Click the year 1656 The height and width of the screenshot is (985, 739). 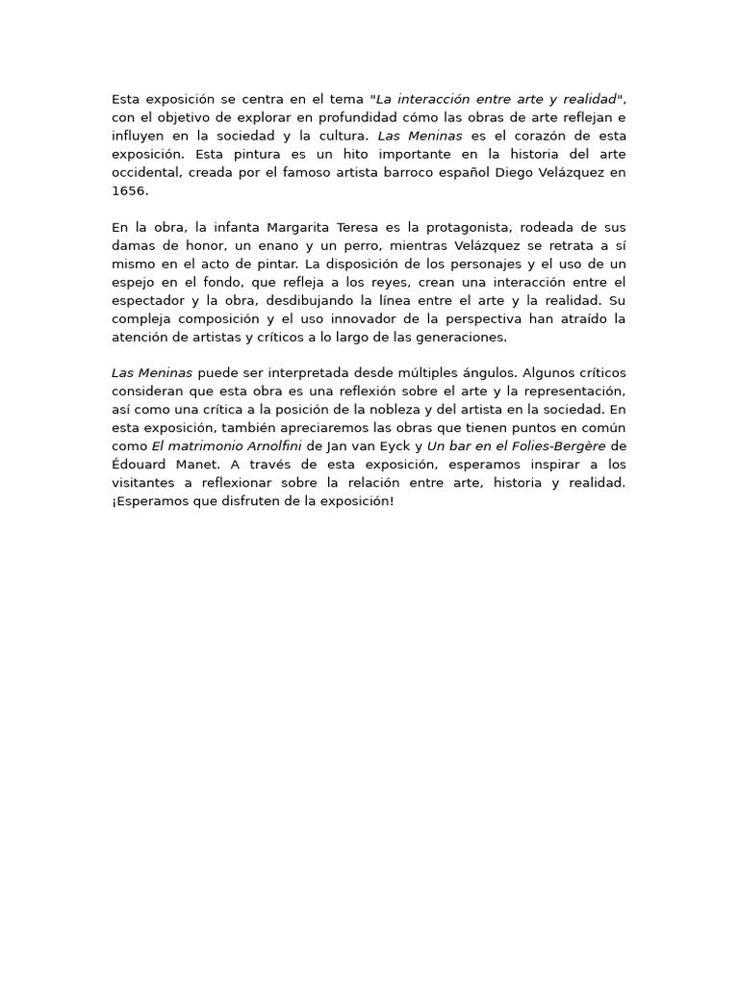click(x=129, y=190)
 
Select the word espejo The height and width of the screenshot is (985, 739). click(x=135, y=282)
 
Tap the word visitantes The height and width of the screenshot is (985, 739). click(x=143, y=483)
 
